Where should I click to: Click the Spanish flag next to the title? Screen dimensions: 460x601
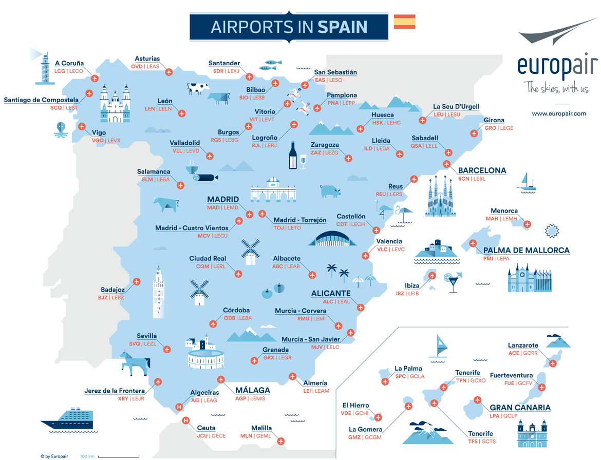pyautogui.click(x=404, y=22)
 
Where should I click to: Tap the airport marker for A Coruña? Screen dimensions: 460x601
pyautogui.click(x=95, y=79)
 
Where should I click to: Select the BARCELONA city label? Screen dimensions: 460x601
pyautogui.click(x=482, y=170)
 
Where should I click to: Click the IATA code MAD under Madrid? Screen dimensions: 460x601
pyautogui.click(x=213, y=208)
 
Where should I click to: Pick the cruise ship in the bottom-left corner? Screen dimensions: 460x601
pyautogui.click(x=67, y=419)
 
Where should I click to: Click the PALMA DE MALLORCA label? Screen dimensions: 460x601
pyautogui.click(x=526, y=251)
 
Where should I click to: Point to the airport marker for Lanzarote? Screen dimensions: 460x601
pyautogui.click(x=553, y=363)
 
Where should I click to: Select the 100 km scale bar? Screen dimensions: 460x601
pyautogui.click(x=118, y=456)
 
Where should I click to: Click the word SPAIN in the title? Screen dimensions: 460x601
pyautogui.click(x=342, y=27)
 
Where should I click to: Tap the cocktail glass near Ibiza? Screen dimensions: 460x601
pyautogui.click(x=453, y=282)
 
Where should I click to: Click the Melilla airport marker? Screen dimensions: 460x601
pyautogui.click(x=280, y=441)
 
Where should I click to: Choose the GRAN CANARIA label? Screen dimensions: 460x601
pyautogui.click(x=520, y=408)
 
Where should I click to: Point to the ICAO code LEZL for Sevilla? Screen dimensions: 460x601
pyautogui.click(x=149, y=344)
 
